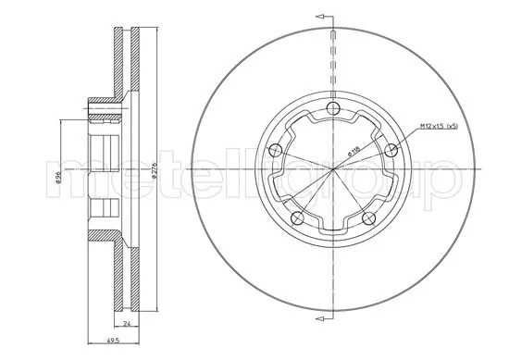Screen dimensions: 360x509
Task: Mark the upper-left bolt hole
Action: click(274, 151)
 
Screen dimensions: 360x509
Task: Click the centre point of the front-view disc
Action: click(332, 170)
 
